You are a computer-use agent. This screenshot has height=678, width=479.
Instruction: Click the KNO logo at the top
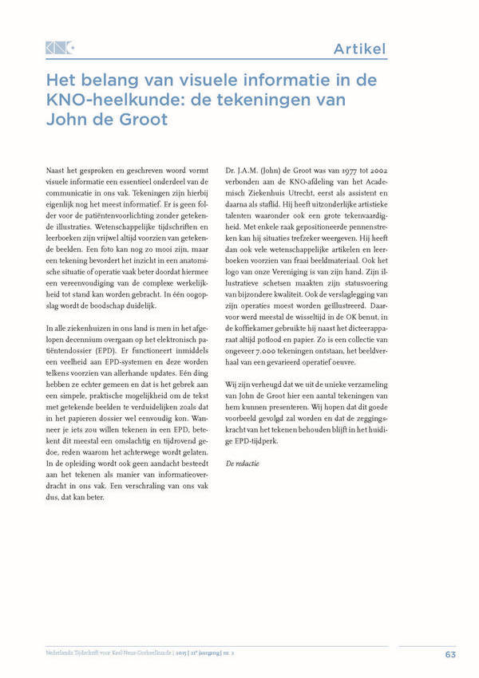click(60, 49)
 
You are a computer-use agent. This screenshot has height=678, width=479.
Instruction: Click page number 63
click(449, 655)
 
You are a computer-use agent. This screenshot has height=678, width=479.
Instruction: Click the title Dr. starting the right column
click(232, 171)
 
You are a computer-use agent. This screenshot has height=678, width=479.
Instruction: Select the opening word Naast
click(57, 171)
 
